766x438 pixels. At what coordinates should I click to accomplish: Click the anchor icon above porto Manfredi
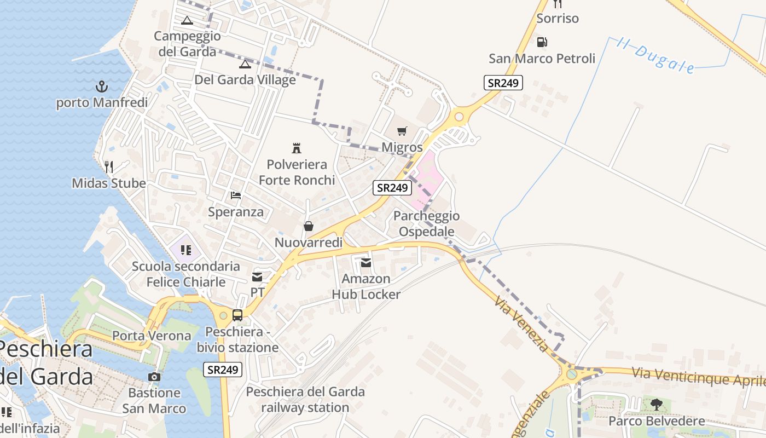(101, 87)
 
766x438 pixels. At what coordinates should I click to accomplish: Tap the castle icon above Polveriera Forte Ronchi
(297, 148)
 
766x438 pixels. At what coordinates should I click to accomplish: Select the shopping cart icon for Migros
(402, 131)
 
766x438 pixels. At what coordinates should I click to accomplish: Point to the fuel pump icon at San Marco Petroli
(542, 42)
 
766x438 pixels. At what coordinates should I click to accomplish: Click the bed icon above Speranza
(236, 195)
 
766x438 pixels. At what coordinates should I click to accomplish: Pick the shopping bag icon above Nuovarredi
(309, 226)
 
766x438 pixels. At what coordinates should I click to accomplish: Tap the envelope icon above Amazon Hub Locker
(366, 263)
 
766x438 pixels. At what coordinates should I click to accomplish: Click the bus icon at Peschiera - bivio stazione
(237, 315)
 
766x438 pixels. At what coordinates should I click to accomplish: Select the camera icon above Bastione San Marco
(154, 377)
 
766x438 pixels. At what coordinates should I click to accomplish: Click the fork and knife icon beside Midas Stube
(109, 166)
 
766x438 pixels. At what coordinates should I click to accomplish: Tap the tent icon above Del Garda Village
(245, 64)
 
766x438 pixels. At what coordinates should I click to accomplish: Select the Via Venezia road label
(521, 324)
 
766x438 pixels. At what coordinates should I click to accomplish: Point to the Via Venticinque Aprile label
(698, 377)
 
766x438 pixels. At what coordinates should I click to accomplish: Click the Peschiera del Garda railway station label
(305, 400)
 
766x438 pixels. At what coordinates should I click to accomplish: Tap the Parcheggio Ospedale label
(427, 223)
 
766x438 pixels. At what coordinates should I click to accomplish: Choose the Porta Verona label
(152, 336)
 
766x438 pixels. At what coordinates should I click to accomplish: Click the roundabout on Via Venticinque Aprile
(572, 374)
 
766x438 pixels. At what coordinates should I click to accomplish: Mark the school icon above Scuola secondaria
(185, 251)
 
